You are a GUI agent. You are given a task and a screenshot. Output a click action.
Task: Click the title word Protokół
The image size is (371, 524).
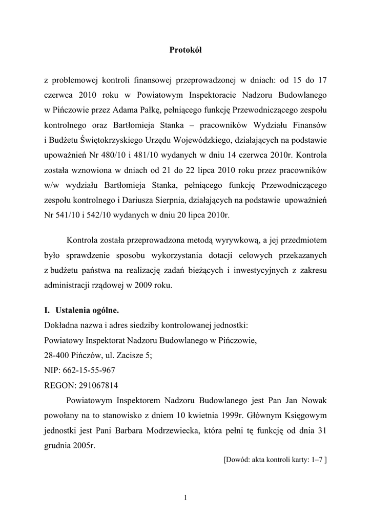click(x=186, y=50)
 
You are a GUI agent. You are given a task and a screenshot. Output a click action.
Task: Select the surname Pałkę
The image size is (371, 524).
click(x=150, y=108)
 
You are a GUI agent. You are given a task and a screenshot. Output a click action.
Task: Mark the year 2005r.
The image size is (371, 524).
click(x=83, y=445)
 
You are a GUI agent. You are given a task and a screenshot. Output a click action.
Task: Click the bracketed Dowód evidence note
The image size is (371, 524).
click(x=275, y=460)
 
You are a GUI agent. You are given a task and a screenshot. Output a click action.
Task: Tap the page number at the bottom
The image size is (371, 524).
click(x=186, y=497)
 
